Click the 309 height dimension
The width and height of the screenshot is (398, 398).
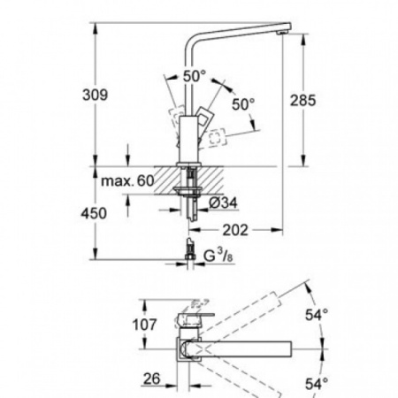[x=95, y=95]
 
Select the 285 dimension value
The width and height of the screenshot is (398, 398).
[x=302, y=100]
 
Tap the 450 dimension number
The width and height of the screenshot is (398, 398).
[x=94, y=213]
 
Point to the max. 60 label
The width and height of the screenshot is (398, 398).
[x=127, y=180]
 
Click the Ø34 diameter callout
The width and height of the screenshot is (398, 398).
[x=223, y=203]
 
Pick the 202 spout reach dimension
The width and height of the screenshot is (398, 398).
[x=235, y=230]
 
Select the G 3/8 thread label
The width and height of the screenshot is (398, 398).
[x=218, y=256]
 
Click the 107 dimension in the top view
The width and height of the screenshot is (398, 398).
[x=144, y=325]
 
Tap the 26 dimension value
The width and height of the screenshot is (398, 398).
[x=151, y=379]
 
